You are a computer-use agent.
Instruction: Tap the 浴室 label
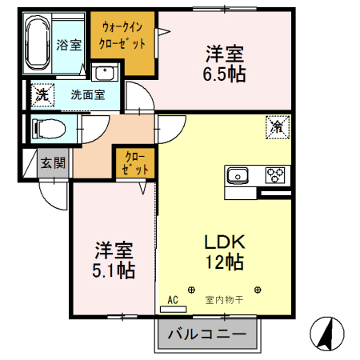69,46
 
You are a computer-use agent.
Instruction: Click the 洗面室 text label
87,94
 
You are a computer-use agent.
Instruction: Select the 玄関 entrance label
54,164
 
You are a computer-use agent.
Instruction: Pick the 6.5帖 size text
224,74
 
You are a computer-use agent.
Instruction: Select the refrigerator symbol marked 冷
277,126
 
